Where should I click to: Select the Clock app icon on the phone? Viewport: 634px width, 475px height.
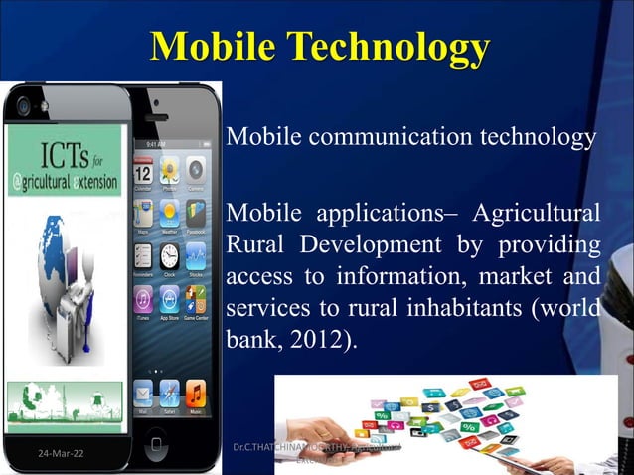point(168,254)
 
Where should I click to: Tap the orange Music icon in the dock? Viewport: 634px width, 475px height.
point(196,391)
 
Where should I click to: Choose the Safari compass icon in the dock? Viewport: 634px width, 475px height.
point(168,391)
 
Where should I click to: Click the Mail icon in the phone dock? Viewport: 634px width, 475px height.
point(142,391)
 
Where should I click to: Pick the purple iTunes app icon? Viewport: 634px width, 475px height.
point(142,298)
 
